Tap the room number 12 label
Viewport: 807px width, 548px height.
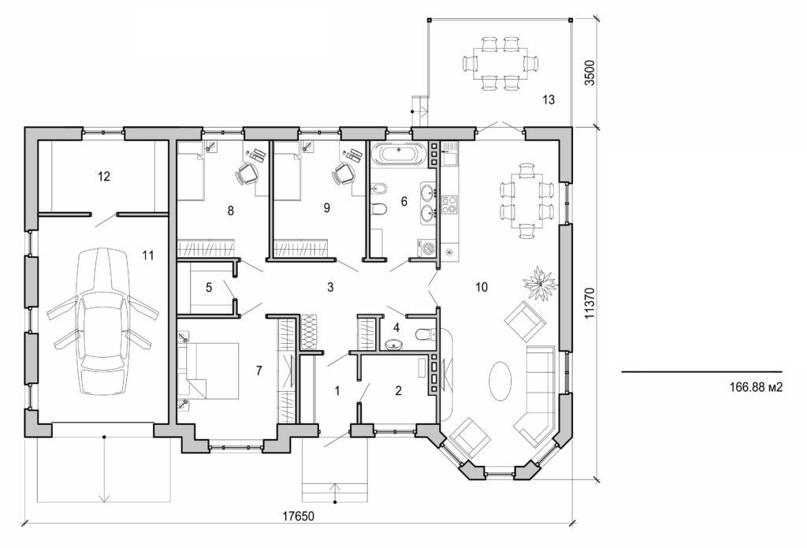[103, 176]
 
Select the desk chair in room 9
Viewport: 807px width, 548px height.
[344, 173]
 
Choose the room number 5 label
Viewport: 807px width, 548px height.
[209, 287]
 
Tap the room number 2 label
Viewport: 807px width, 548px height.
[398, 390]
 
